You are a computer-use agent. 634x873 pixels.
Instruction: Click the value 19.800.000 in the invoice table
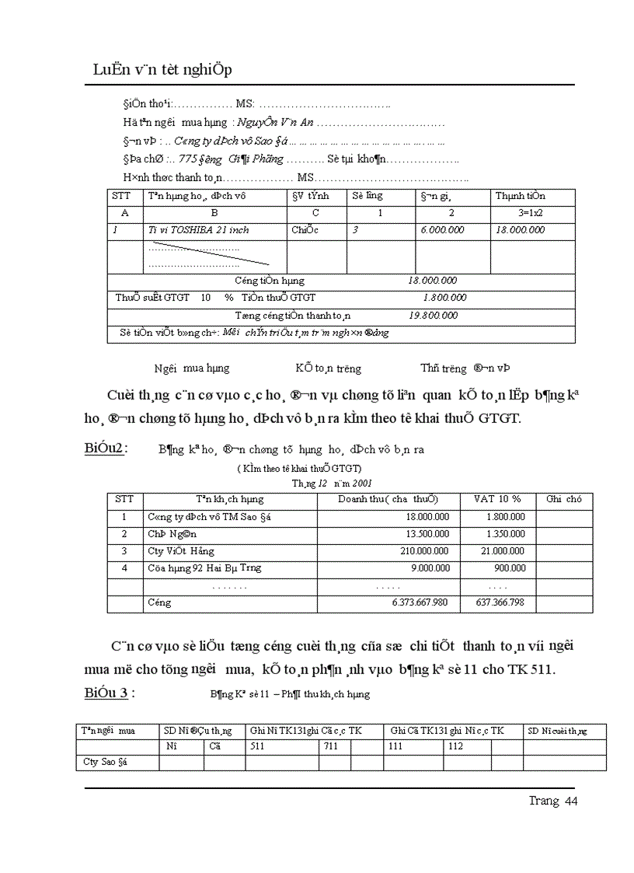[433, 316]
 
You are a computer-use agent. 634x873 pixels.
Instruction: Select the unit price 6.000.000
[442, 230]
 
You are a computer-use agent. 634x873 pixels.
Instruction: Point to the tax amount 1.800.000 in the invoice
[444, 298]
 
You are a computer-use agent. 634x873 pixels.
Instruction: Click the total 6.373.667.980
[409, 602]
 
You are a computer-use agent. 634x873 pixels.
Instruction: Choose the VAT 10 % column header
[497, 499]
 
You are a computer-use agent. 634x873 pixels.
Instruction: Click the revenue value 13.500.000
[423, 534]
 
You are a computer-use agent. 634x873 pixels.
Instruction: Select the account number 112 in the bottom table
[455, 746]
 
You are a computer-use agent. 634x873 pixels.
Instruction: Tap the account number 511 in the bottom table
[257, 746]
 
